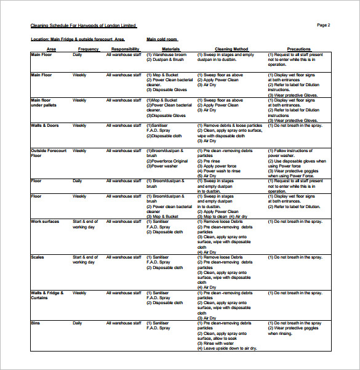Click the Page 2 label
coord(324,25)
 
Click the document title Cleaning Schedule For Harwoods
coord(84,26)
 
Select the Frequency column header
coord(88,49)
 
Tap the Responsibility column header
coord(125,49)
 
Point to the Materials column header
coord(170,49)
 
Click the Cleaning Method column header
coord(231,49)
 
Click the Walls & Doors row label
coord(45,126)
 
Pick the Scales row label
coord(38,257)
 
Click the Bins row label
coord(36,323)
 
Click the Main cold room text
coord(162,39)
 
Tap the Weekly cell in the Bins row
coord(79,323)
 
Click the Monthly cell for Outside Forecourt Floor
coord(80,151)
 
